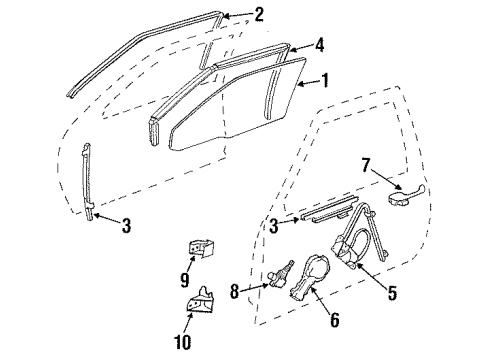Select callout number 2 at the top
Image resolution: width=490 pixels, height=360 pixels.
tap(259, 14)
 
